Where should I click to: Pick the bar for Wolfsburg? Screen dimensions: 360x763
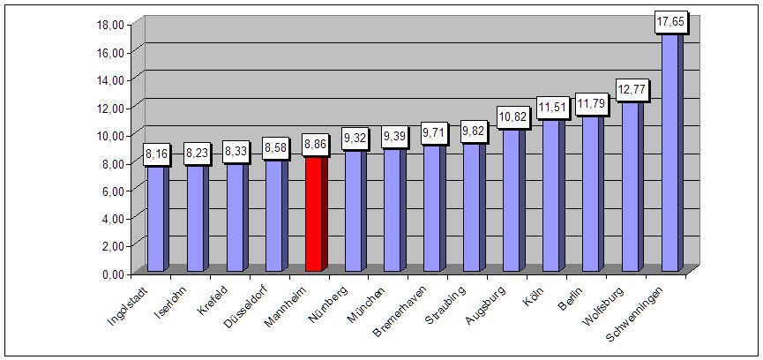pyautogui.click(x=631, y=186)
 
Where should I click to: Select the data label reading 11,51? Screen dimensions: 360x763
pyautogui.click(x=551, y=107)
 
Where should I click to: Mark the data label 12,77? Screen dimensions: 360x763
pyautogui.click(x=631, y=89)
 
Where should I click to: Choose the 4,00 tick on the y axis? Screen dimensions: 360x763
pyautogui.click(x=112, y=218)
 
